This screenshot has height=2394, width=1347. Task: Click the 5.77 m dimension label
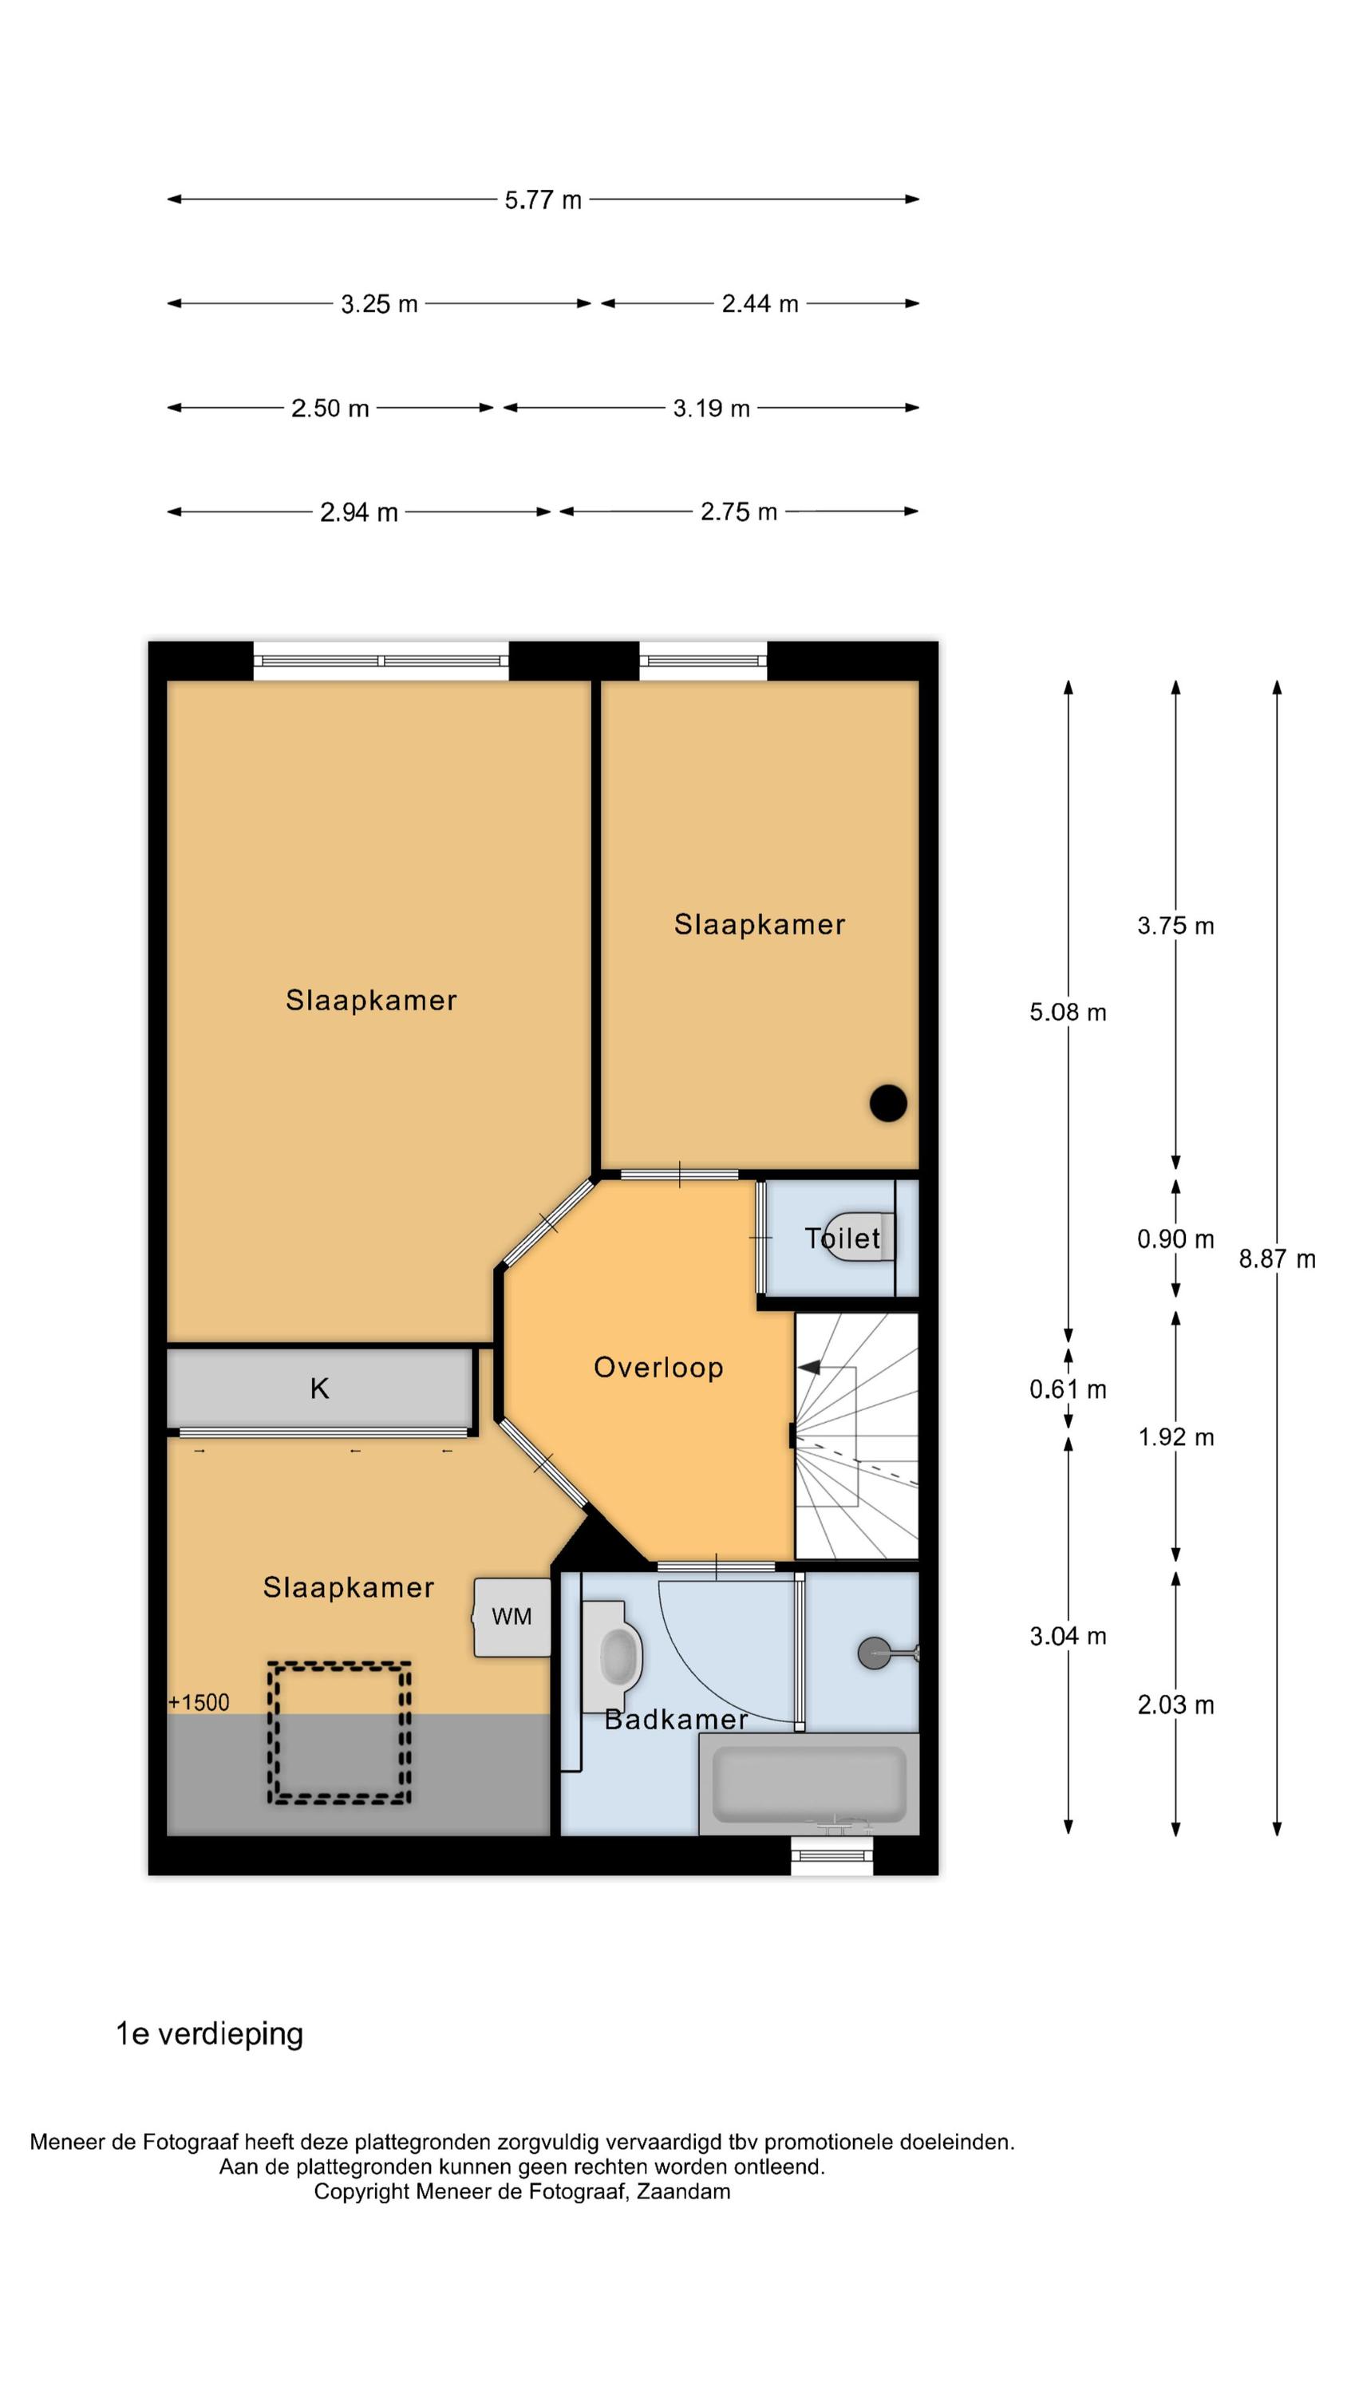[543, 199]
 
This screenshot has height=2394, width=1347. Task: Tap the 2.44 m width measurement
[760, 304]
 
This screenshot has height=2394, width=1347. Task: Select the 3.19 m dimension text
[711, 408]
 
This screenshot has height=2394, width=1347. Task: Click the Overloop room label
[658, 1368]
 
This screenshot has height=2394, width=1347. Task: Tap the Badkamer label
[676, 1720]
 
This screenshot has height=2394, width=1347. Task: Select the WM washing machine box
[512, 1616]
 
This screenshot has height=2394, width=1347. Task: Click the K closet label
[320, 1389]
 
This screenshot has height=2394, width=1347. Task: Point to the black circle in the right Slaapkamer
[888, 1103]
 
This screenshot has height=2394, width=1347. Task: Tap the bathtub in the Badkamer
[808, 1784]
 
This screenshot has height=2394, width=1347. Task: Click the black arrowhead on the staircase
[808, 1367]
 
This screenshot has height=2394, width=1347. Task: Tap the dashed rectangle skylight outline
[339, 1733]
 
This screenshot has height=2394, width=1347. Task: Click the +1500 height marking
[199, 1703]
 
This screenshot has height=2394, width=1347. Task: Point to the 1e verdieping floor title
[209, 2034]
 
